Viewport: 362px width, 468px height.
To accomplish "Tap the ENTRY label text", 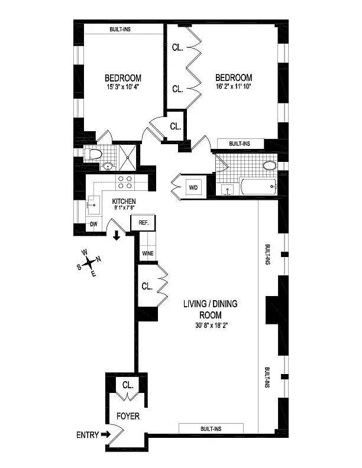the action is click(88, 435).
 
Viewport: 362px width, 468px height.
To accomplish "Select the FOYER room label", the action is click(128, 417).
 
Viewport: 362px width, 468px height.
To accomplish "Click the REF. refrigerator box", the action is click(143, 223).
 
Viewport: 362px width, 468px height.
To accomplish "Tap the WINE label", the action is click(148, 254).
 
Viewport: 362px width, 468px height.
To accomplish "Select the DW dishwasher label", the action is click(93, 225).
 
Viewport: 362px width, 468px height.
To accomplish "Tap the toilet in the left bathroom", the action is click(93, 155).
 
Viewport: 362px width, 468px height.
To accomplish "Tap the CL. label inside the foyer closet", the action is click(127, 385).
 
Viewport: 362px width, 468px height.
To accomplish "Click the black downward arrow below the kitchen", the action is click(117, 236).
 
